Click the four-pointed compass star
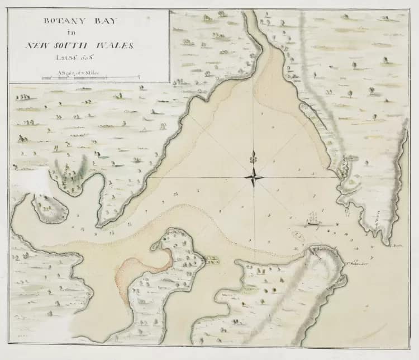(x=254, y=178)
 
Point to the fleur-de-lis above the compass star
(x=254, y=158)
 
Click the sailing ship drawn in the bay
(x=314, y=219)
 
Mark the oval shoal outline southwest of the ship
(x=298, y=236)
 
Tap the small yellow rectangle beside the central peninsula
(x=212, y=259)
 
